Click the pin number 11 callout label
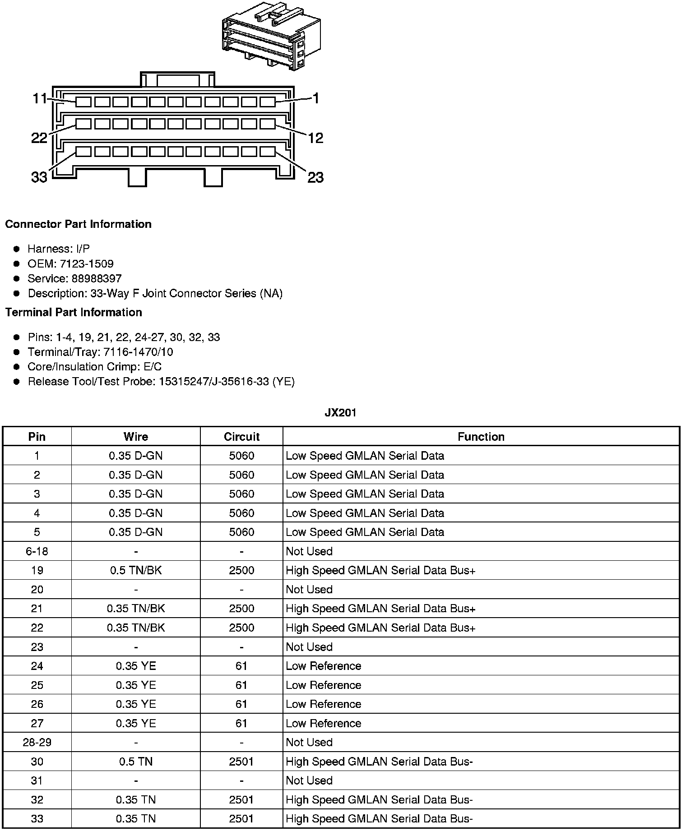pos(39,98)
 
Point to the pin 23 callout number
pos(315,177)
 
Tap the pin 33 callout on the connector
pos(39,177)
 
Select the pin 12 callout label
pos(315,138)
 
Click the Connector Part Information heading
pos(78,224)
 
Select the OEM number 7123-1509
pos(87,263)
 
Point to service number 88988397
pos(97,278)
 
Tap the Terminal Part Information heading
pos(74,312)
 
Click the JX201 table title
pos(341,413)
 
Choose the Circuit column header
pos(241,437)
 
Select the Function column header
pos(481,437)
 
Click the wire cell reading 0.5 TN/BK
pos(136,570)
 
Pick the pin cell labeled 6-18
pos(37,551)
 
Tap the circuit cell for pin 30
pos(241,762)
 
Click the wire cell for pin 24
pos(136,666)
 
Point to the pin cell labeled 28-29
pos(37,742)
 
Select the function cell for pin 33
pos(379,818)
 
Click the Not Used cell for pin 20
pos(309,590)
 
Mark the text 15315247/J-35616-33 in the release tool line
pos(214,382)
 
